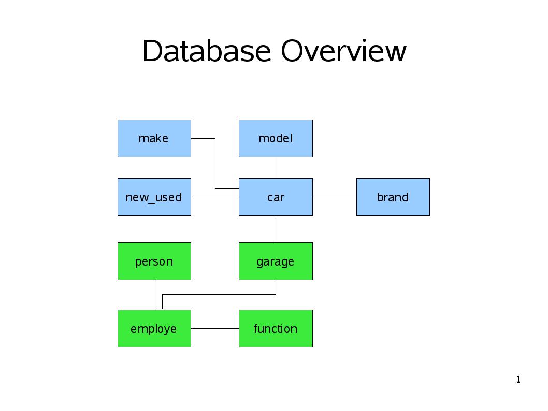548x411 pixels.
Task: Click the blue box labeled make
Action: (154, 138)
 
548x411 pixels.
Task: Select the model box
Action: (276, 138)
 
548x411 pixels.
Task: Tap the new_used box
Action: (154, 197)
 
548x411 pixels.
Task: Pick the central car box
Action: (276, 197)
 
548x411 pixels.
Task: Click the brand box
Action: (393, 197)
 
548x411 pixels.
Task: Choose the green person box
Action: (154, 261)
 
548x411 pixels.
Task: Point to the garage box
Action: (276, 261)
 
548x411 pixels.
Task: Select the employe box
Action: (154, 328)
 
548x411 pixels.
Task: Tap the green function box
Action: (276, 328)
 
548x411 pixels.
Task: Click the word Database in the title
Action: (207, 51)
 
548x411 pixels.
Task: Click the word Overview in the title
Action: (343, 51)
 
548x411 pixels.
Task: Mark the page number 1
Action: (518, 379)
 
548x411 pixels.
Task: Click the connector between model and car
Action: (276, 168)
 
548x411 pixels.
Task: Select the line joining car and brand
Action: (335, 197)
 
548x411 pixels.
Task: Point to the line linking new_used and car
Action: (215, 197)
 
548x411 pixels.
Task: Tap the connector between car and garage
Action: (276, 229)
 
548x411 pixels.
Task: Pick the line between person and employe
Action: (154, 295)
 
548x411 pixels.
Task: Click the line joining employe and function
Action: (215, 328)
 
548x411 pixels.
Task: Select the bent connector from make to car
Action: (215, 164)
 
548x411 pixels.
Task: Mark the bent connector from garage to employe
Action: (219, 295)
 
